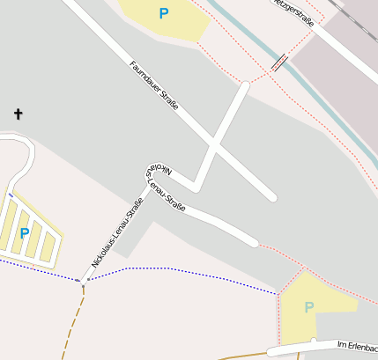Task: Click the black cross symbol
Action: pos(18,114)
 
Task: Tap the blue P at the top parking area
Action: pos(163,13)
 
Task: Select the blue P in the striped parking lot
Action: pos(24,233)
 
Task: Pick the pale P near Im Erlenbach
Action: pos(308,307)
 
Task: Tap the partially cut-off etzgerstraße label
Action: pos(294,12)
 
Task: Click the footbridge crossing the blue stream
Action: pos(279,62)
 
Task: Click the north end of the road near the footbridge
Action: pos(244,86)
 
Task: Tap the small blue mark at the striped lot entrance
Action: pos(11,195)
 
